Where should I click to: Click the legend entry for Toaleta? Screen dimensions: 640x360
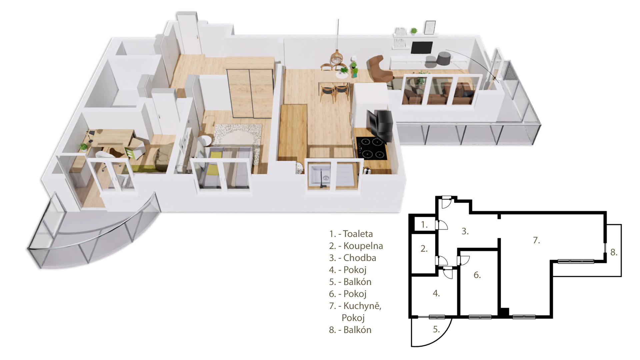pos(351,234)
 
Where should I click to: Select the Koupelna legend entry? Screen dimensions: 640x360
pos(356,246)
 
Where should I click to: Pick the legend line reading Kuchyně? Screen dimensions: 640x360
pos(355,306)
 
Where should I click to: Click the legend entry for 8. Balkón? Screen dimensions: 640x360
pos(350,330)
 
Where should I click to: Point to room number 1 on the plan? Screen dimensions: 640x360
pos(424,225)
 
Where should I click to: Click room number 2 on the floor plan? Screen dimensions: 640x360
pos(424,249)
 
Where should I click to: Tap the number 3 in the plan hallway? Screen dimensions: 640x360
pos(465,231)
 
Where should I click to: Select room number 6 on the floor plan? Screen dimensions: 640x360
pos(477,275)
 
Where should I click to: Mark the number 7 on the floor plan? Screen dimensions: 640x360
pos(536,240)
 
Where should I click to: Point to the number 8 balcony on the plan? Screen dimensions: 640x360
pos(614,252)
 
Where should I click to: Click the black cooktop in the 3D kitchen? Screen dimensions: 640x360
pos(371,148)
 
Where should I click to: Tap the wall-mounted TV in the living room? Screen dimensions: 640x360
pos(422,47)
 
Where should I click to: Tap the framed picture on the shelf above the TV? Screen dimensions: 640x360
pos(430,27)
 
